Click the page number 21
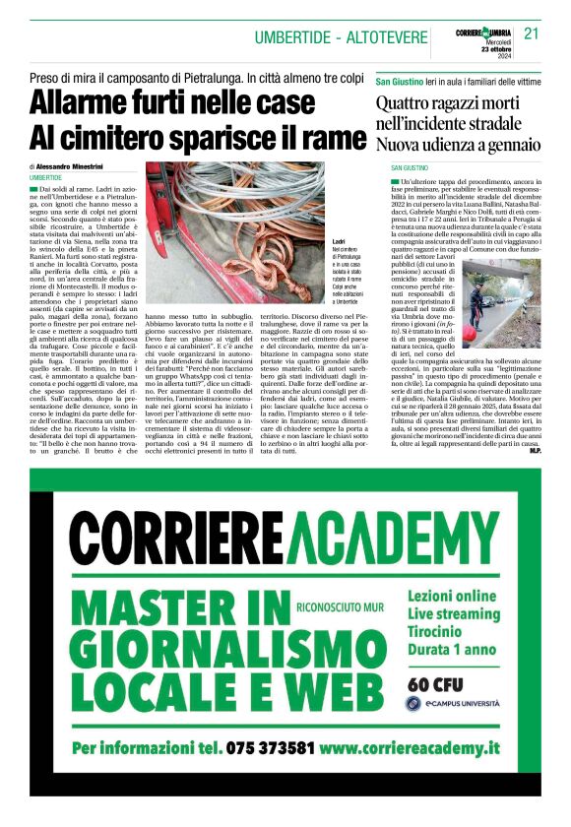click(532, 32)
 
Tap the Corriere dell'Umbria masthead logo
click(485, 32)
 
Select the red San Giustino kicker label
click(406, 80)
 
